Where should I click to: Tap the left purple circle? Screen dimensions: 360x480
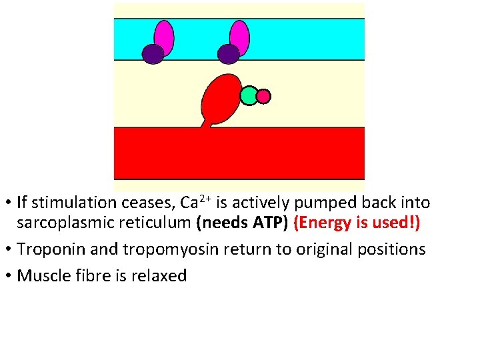coord(153,54)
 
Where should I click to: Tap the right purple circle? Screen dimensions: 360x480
coord(229,54)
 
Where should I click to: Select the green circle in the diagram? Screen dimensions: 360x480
coord(249,96)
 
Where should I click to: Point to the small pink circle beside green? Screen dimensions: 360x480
coord(263,97)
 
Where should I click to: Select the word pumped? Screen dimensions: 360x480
coord(329,203)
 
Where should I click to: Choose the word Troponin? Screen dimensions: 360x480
coord(48,249)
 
